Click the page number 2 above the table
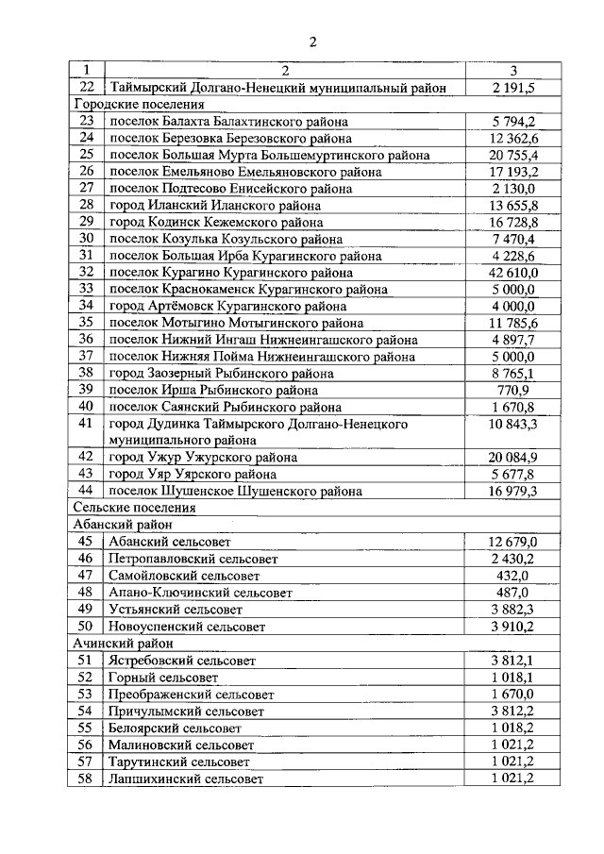click(313, 40)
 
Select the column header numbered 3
click(513, 71)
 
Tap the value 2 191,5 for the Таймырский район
click(513, 88)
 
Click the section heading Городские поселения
click(138, 105)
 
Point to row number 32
click(87, 273)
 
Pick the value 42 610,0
click(513, 273)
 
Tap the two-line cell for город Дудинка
click(259, 432)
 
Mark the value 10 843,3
click(513, 425)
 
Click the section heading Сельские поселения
click(134, 508)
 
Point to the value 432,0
click(513, 575)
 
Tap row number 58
click(87, 779)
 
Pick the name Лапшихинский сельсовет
click(185, 779)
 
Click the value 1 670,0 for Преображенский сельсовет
click(513, 694)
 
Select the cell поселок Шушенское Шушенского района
click(235, 491)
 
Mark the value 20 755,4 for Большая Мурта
click(513, 155)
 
